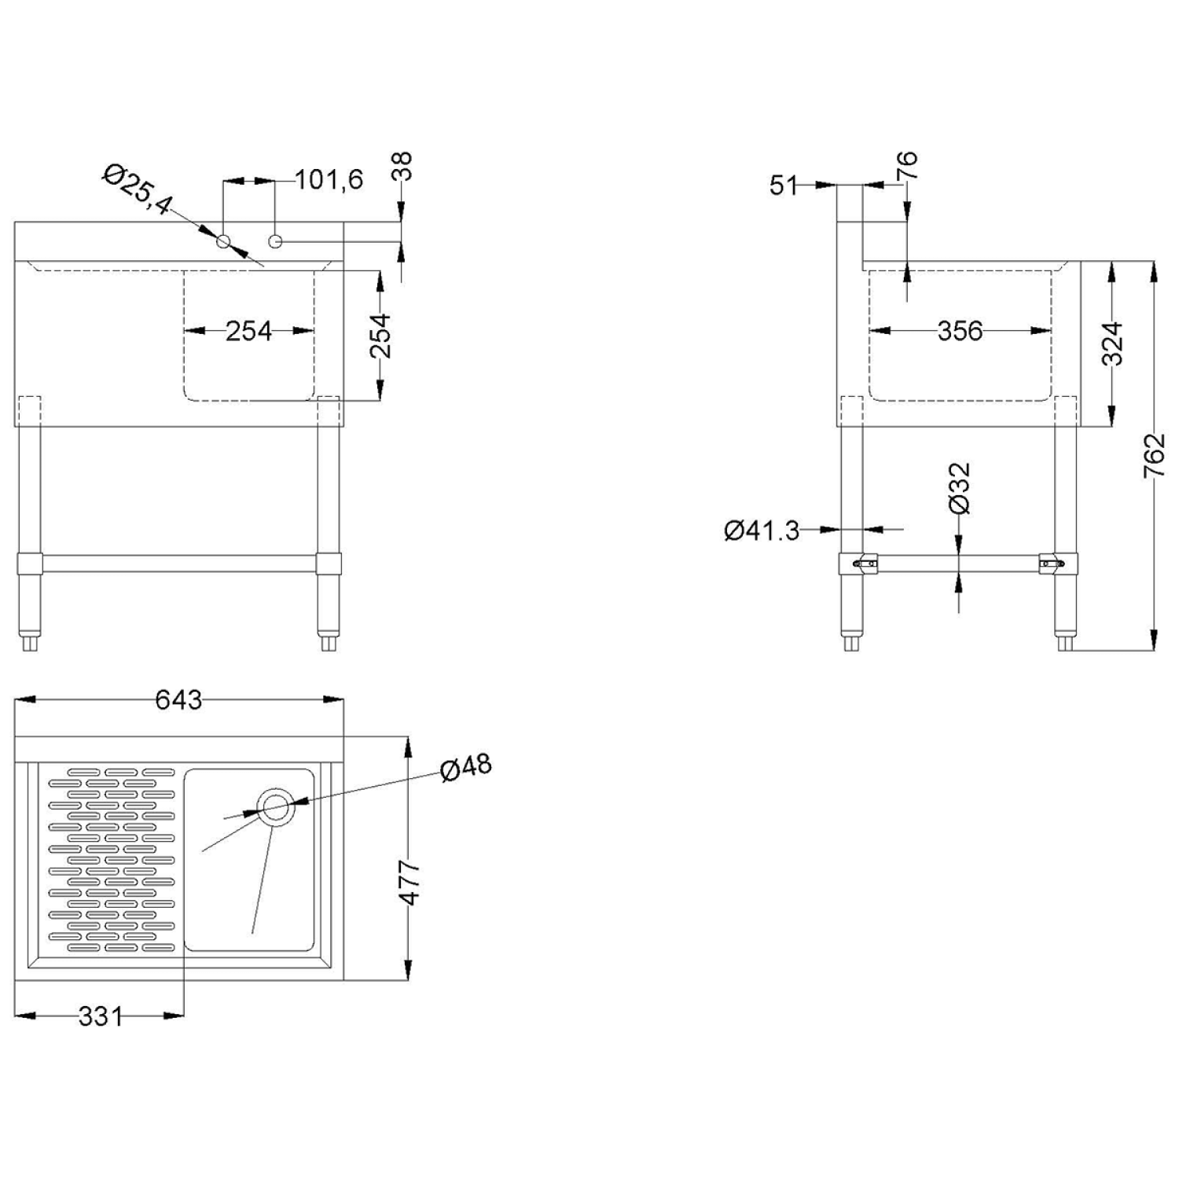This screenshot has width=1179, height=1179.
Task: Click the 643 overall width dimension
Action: pos(178,700)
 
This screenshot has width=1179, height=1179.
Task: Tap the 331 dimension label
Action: pos(101,1016)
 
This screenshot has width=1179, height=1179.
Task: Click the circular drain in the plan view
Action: pos(275,806)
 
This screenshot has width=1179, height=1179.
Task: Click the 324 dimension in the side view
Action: pos(1112,344)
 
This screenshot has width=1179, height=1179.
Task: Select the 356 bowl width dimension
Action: pos(960,331)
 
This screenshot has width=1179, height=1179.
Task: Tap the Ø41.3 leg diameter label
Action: pos(761,531)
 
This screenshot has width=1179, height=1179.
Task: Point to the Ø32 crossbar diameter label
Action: pos(959,488)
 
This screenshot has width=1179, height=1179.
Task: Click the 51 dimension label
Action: pos(784,185)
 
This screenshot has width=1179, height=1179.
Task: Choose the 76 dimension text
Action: pos(906,166)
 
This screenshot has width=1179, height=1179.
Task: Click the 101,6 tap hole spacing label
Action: pos(329,180)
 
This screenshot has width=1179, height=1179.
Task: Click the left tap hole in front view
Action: pos(224,241)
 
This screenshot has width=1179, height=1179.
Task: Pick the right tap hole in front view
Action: pos(275,241)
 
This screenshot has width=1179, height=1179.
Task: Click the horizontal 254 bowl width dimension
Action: pos(248,331)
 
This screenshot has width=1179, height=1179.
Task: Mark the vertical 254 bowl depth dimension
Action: pos(380,336)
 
